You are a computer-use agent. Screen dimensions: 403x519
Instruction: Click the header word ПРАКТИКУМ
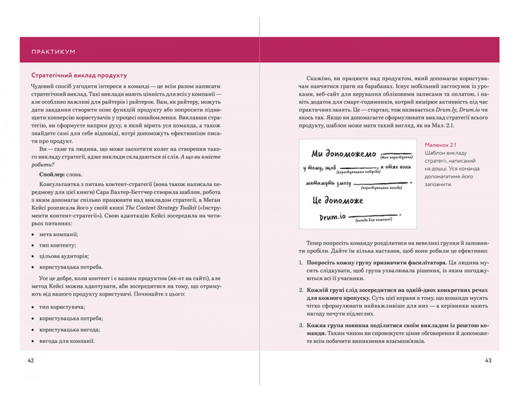coord(53,52)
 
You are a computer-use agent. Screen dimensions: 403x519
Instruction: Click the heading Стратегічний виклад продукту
coord(79,75)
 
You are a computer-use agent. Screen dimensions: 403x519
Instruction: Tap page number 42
coord(31,360)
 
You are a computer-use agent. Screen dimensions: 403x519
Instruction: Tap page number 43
coord(488,360)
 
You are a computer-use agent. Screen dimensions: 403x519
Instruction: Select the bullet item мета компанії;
coord(58,234)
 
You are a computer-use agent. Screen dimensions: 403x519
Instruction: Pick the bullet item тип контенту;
coord(58,245)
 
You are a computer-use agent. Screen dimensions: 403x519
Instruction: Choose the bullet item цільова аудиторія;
coord(64,256)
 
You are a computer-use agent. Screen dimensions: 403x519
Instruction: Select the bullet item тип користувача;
coord(62,307)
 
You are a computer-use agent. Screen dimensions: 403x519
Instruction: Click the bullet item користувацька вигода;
coord(69,330)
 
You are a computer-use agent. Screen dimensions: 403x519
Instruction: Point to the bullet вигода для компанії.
coord(67,341)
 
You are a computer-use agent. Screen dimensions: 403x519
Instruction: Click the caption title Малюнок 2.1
coord(440,145)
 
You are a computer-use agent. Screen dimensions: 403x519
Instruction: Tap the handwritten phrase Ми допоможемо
coord(344,154)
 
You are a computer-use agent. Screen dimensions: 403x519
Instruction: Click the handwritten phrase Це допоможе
coord(338,201)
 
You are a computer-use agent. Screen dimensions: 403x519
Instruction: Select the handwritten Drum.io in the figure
coord(332,217)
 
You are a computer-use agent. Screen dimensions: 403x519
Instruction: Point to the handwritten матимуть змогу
coord(328,184)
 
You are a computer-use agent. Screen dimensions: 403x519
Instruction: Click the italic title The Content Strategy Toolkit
coord(161,208)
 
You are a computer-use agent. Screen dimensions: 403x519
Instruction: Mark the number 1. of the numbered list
coord(301,263)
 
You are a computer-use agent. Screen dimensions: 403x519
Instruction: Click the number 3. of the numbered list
coord(301,326)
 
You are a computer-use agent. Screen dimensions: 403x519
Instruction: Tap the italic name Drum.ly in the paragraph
coord(446,110)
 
